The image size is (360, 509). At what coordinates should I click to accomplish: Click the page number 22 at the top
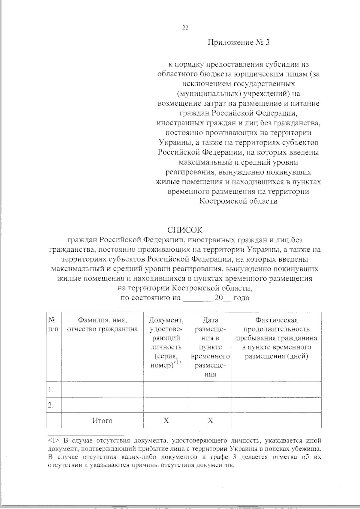tap(185, 28)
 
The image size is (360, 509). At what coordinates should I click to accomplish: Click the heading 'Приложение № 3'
tap(239, 43)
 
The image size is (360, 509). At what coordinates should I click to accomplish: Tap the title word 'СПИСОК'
tap(185, 230)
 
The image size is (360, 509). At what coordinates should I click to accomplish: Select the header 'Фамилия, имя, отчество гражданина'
tap(102, 325)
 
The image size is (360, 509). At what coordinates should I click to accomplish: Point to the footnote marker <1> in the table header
tap(178, 363)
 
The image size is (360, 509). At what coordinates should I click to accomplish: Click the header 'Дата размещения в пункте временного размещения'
tap(210, 347)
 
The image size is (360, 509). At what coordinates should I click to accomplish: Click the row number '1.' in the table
tap(51, 390)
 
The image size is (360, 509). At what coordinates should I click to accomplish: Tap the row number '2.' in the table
tap(51, 405)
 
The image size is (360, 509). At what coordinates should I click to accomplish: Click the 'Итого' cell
tap(102, 421)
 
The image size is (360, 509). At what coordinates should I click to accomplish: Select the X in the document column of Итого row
tap(166, 421)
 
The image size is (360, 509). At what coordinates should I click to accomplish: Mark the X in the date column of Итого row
tap(210, 421)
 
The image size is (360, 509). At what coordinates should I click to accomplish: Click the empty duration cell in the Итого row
tap(276, 421)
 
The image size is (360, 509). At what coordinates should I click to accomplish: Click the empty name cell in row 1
tap(102, 390)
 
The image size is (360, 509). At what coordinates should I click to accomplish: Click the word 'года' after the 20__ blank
tap(241, 298)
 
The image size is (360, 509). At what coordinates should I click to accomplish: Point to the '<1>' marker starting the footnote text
tap(54, 441)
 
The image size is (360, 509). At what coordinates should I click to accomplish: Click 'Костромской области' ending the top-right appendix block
tap(239, 201)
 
